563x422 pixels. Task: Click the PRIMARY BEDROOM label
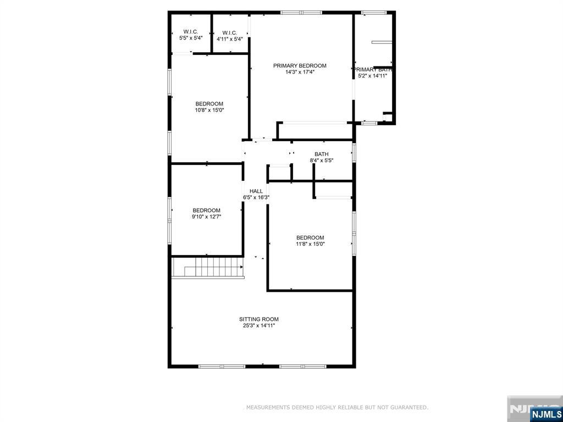pos(300,66)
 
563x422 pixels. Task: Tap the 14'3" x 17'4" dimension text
pos(300,72)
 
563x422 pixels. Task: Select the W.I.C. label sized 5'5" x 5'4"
pos(191,32)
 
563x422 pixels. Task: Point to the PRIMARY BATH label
pos(373,70)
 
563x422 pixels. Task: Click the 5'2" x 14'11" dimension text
pos(373,76)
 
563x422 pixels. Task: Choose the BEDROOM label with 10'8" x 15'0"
pos(209,104)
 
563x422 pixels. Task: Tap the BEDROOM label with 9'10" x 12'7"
pos(206,210)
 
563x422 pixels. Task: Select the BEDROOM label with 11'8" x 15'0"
pos(310,238)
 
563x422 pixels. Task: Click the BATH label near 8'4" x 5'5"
pos(322,154)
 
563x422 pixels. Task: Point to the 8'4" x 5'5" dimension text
pos(322,160)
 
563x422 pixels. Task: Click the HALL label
pos(256,191)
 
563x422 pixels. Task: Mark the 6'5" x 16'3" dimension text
pos(256,197)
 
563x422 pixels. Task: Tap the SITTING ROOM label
pos(259,319)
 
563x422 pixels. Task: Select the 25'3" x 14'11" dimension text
pos(259,326)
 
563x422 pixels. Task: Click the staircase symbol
pos(208,269)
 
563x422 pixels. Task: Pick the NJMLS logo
pos(546,414)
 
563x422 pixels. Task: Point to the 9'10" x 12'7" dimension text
pos(206,216)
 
